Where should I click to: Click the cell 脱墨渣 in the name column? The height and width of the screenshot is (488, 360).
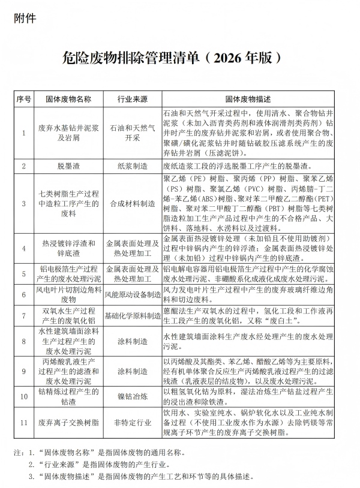(x=68, y=165)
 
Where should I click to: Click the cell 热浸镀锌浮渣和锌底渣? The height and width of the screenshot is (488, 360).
(x=68, y=248)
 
